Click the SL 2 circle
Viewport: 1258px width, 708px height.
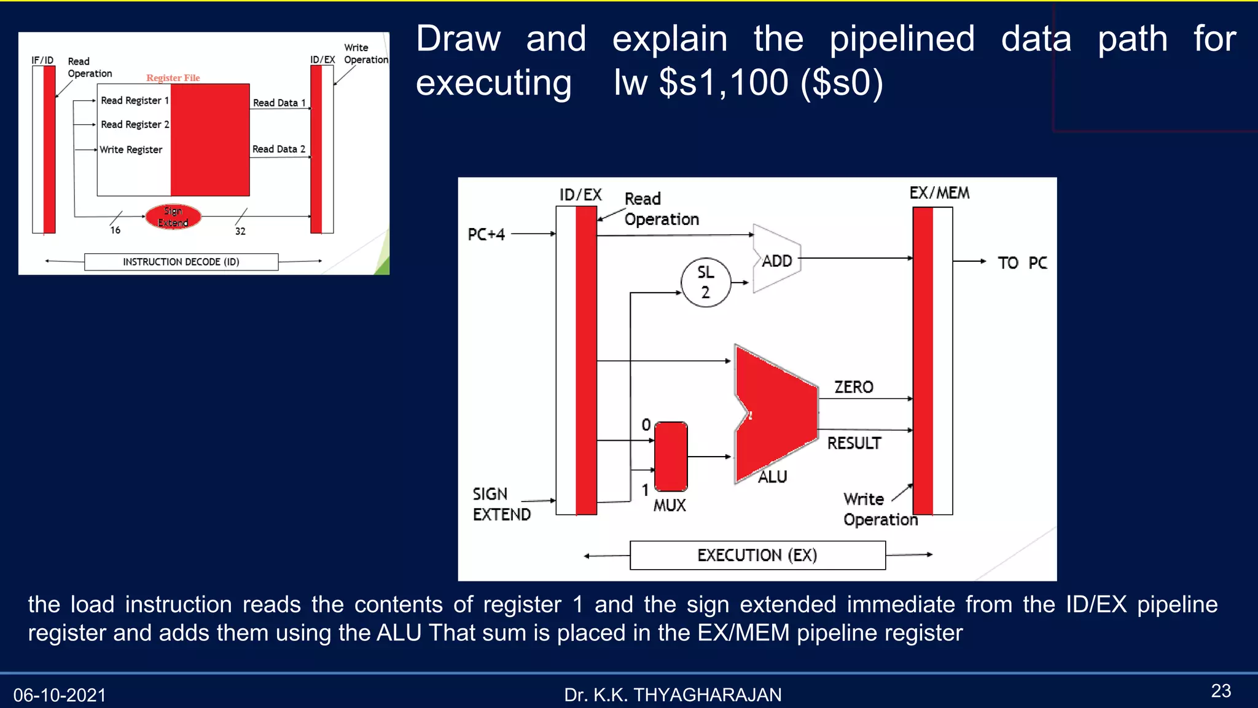(706, 283)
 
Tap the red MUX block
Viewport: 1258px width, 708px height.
(671, 457)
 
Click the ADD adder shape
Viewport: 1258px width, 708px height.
(776, 259)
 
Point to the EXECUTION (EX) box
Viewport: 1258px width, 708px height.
(757, 555)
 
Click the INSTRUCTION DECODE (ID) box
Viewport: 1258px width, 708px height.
(181, 262)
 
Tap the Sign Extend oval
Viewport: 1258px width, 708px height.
(173, 217)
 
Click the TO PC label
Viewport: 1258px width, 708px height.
(1022, 263)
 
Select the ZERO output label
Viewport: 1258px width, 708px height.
(853, 387)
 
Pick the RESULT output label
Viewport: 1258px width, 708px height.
(854, 443)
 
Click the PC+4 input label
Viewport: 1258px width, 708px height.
(486, 235)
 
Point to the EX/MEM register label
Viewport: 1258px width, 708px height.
(939, 193)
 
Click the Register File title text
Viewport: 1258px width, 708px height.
(173, 78)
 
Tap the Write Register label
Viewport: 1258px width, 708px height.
(131, 150)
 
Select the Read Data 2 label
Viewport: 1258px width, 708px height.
(279, 149)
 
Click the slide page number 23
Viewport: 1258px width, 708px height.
(1221, 691)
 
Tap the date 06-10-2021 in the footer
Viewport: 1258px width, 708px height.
(60, 695)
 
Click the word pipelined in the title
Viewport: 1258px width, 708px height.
(902, 39)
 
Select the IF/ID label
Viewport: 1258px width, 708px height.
(42, 60)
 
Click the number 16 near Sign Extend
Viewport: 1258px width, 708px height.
(115, 230)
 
